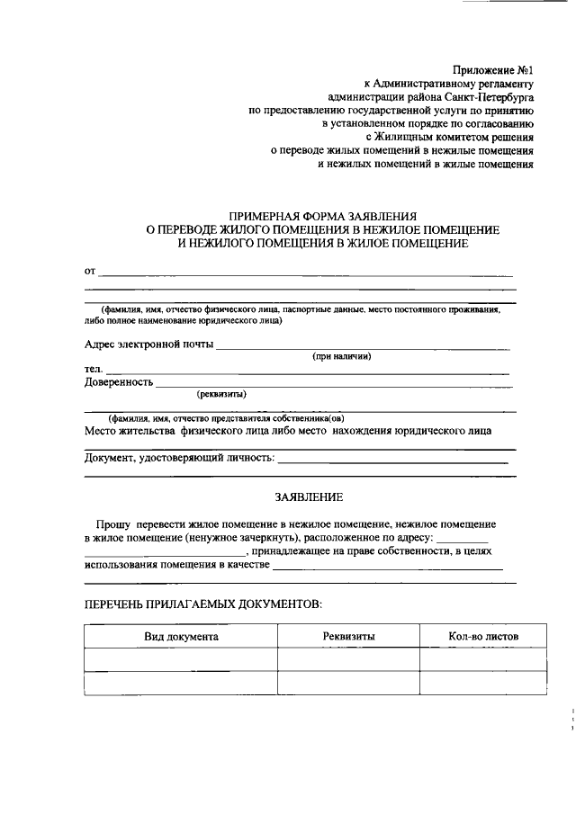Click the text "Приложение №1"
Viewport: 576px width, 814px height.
click(494, 69)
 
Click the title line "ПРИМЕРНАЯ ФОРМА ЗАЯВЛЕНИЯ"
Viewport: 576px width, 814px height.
click(323, 217)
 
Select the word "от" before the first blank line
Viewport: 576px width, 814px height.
click(89, 270)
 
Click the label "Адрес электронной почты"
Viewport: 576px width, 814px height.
click(148, 344)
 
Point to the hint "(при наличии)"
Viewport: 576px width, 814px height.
click(342, 357)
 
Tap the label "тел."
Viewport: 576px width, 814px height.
click(94, 370)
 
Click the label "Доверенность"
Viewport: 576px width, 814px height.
click(119, 382)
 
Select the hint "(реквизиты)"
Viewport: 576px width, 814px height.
click(221, 395)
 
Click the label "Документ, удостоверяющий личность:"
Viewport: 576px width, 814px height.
click(179, 458)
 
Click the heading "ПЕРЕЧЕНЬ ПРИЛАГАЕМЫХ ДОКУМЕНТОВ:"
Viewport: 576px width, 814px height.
click(202, 604)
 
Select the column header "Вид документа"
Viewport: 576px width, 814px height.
click(181, 637)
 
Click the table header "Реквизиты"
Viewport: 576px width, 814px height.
click(348, 637)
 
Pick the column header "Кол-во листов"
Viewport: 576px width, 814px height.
click(482, 637)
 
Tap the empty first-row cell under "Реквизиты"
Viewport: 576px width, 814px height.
click(348, 660)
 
